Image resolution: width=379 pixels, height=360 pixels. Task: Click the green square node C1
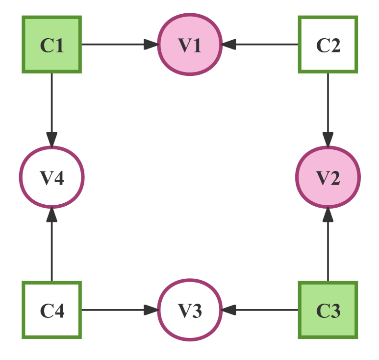tap(52, 45)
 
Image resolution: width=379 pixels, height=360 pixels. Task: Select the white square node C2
tap(328, 45)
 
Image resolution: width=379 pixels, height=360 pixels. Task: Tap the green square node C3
tap(328, 310)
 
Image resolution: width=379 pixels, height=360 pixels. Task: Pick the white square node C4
tap(52, 310)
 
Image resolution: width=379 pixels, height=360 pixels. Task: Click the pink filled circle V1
tap(190, 45)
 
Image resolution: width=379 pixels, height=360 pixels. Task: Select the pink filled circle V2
tap(328, 177)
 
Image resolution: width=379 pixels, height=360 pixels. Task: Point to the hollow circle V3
tap(190, 310)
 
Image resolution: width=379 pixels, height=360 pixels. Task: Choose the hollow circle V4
tap(52, 177)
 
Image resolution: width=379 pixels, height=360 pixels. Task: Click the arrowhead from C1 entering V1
tap(151, 45)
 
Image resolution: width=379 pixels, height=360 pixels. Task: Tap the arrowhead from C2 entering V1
tap(229, 45)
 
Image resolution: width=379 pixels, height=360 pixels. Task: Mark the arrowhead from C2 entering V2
tap(328, 139)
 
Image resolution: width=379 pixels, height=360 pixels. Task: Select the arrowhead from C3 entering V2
tap(328, 215)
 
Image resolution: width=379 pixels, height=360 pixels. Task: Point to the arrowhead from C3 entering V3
tap(229, 310)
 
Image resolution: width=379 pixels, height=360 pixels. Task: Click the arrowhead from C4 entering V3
tap(151, 310)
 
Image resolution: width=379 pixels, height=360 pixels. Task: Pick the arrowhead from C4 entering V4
tap(52, 215)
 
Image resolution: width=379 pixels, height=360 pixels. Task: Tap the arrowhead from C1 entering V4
tap(52, 139)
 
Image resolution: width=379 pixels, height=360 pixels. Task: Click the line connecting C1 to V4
tap(52, 103)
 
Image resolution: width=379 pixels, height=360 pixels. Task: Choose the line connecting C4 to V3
tap(113, 310)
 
